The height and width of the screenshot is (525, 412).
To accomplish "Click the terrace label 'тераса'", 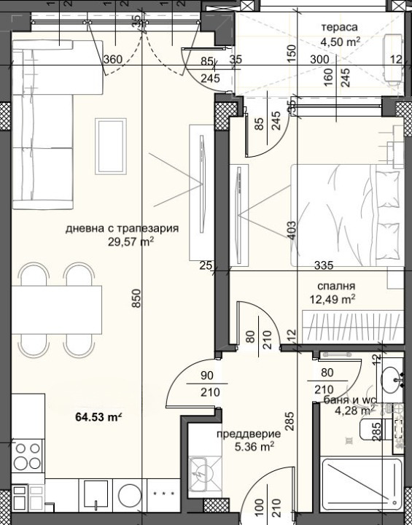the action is (339, 27).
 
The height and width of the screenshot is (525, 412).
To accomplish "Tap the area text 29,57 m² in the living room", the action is (131, 241).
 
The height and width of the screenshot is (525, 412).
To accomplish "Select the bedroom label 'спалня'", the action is (336, 287).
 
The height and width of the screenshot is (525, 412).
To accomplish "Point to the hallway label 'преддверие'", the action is (248, 435).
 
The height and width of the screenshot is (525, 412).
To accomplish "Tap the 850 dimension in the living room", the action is (136, 298).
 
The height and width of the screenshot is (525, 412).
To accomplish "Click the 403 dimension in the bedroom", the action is (292, 230).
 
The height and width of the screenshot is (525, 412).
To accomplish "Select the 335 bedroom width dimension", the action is (324, 265).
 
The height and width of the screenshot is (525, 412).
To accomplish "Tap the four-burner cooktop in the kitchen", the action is (28, 456).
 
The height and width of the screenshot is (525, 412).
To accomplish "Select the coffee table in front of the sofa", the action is (111, 147).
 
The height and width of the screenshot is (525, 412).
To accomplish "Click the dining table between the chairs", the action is (56, 310).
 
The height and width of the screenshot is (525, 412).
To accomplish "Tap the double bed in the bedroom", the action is (347, 215).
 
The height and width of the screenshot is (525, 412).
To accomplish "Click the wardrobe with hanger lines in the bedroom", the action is (353, 327).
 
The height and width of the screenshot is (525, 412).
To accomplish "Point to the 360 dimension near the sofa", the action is (113, 60).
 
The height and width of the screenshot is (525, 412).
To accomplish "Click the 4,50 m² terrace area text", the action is (341, 42).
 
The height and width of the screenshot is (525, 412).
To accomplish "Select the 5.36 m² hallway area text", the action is (254, 447).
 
